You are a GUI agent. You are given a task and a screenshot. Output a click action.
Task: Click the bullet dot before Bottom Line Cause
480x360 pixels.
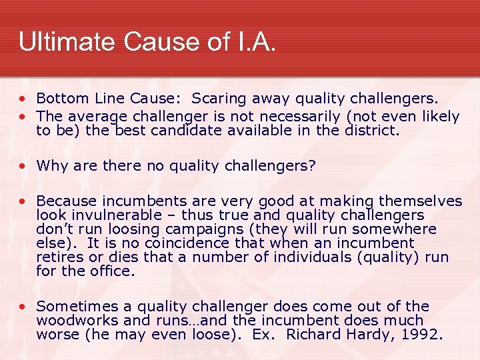point(23,99)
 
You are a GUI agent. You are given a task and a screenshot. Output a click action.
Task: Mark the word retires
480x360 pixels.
point(57,257)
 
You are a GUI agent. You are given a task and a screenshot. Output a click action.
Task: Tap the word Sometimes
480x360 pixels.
point(74,306)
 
